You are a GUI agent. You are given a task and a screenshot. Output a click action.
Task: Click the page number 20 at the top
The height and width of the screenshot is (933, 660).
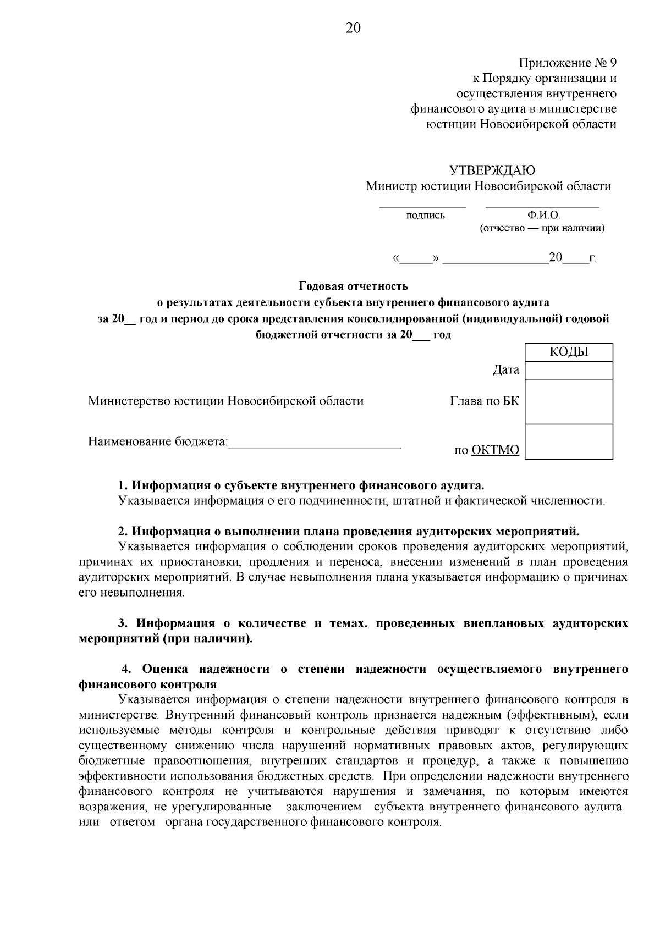[353, 28]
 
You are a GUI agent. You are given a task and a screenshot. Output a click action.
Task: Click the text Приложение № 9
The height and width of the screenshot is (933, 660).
[567, 63]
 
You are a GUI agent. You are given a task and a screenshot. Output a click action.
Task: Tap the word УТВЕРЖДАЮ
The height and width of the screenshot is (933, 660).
[492, 170]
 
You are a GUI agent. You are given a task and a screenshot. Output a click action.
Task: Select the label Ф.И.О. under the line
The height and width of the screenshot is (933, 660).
[543, 216]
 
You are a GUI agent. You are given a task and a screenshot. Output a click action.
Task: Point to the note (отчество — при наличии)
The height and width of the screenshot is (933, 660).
[542, 228]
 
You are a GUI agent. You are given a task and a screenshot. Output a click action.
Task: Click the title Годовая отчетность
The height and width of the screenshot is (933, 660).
[353, 286]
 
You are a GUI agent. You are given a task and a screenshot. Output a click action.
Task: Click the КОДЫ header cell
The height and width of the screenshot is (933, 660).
[569, 352]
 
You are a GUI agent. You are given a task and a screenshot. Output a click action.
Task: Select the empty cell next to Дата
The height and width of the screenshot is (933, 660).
[569, 370]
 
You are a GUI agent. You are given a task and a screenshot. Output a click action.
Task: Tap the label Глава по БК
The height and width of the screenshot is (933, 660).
[484, 401]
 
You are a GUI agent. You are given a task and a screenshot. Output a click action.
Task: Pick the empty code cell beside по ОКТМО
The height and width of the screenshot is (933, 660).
[569, 441]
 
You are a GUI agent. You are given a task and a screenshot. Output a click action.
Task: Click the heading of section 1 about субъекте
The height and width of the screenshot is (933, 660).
[301, 485]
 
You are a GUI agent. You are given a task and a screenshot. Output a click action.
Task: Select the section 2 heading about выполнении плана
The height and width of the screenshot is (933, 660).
[349, 532]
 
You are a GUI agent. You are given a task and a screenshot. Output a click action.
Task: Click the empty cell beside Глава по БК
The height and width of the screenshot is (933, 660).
[569, 401]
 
